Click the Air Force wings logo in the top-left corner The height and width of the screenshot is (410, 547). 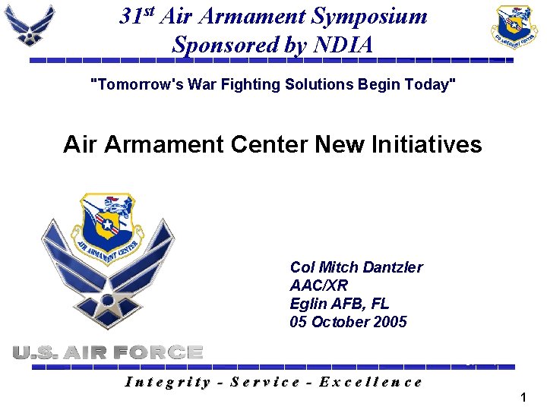click(x=30, y=25)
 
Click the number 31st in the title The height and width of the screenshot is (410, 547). click(x=138, y=16)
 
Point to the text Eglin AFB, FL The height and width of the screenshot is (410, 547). click(x=339, y=304)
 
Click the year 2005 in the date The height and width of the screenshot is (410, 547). click(x=390, y=322)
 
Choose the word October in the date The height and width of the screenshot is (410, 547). click(x=340, y=322)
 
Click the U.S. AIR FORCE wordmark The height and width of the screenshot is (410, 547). click(x=108, y=352)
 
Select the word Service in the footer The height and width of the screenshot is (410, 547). click(x=265, y=382)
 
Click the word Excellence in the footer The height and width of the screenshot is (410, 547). click(x=371, y=382)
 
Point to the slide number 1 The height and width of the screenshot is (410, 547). click(x=523, y=397)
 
